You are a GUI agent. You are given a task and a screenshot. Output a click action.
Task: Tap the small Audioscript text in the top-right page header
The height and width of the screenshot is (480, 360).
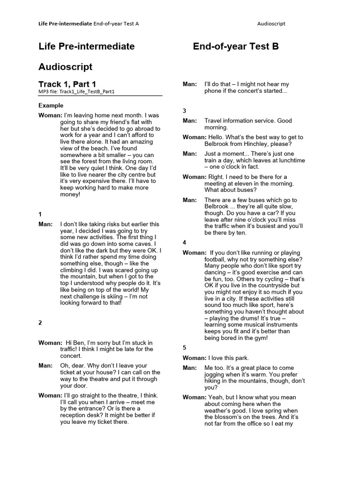click(x=271, y=23)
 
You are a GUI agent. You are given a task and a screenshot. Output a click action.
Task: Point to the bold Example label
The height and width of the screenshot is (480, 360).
click(x=51, y=105)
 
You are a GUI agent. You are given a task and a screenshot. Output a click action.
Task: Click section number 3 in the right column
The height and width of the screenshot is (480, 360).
click(x=184, y=111)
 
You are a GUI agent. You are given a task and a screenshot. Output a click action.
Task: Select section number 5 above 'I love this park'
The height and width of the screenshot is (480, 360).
click(x=184, y=347)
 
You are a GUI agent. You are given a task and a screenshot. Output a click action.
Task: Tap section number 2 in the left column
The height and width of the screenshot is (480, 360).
click(x=40, y=322)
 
